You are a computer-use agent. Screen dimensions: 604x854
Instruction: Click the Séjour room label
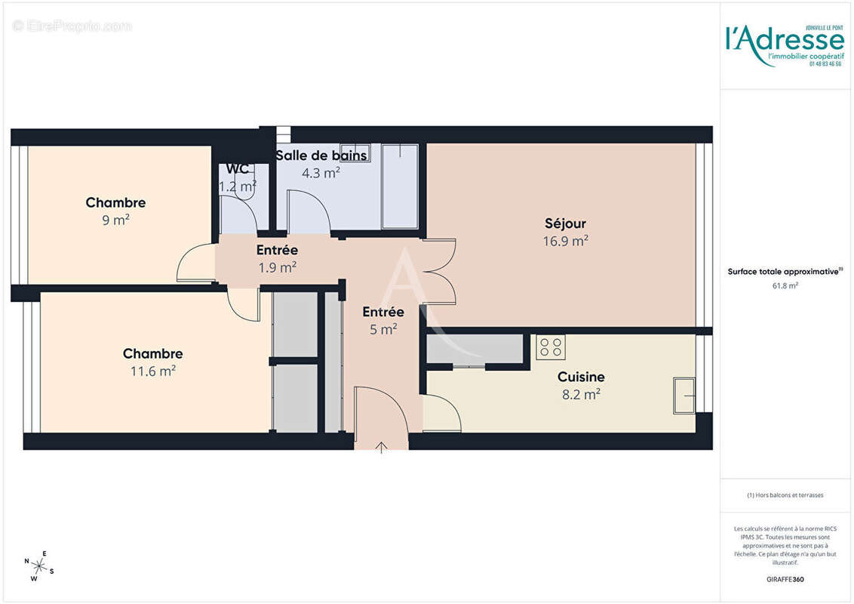(x=565, y=223)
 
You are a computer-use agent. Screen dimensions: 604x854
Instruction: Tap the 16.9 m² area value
(x=565, y=242)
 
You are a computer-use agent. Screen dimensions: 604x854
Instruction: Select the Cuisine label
(x=581, y=377)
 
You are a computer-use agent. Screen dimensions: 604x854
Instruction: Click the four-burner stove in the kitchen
(x=550, y=347)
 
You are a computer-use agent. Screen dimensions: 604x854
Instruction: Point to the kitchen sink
(x=684, y=396)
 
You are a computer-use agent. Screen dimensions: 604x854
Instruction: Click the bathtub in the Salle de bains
(x=400, y=186)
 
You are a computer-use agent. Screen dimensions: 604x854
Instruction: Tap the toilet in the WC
(x=244, y=190)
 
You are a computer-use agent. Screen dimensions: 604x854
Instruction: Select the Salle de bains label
(x=321, y=156)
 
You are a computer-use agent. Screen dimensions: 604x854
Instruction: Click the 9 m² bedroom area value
(x=116, y=220)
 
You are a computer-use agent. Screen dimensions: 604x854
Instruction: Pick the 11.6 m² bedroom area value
(x=153, y=371)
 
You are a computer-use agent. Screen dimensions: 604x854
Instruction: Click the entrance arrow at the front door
(x=382, y=448)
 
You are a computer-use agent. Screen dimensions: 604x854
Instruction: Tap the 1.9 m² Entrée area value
(x=277, y=267)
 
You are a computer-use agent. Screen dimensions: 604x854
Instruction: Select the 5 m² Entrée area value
(x=383, y=329)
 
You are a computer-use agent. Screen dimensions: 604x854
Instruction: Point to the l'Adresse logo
(x=784, y=38)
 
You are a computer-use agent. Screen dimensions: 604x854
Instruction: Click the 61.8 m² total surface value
(x=785, y=285)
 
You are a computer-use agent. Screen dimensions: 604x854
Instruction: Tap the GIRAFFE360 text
(x=785, y=580)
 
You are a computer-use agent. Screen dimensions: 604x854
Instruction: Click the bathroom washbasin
(x=355, y=149)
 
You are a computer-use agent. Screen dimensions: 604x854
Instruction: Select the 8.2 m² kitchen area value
(x=581, y=394)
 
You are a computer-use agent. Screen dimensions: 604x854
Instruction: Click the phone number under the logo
(x=825, y=64)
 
